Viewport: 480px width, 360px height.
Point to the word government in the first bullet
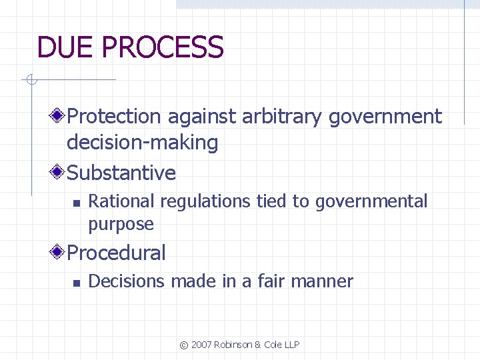click(387, 117)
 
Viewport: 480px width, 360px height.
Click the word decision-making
click(143, 143)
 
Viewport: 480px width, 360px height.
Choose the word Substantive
click(122, 173)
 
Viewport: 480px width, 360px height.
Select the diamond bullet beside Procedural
click(58, 253)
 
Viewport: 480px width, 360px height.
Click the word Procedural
click(117, 253)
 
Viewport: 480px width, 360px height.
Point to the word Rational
click(121, 201)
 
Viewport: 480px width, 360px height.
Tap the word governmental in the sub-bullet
click(371, 201)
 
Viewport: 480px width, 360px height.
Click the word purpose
click(121, 225)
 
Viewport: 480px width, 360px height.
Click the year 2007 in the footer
click(203, 345)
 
